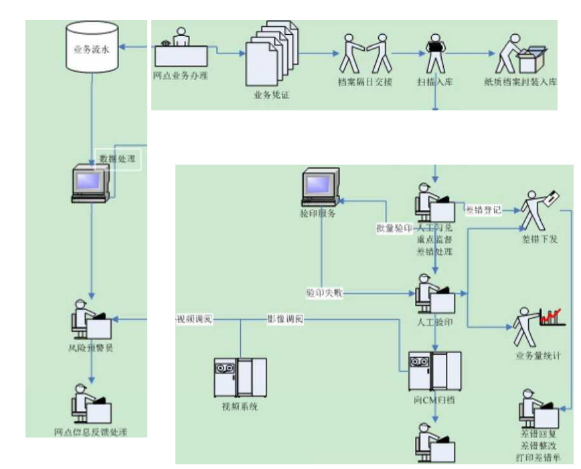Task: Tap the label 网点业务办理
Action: [x=180, y=76]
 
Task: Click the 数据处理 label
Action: [x=117, y=159]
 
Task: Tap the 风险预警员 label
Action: [x=91, y=348]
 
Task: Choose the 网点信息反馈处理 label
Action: [x=91, y=432]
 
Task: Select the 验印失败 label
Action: [x=325, y=293]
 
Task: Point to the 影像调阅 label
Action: [x=285, y=320]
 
